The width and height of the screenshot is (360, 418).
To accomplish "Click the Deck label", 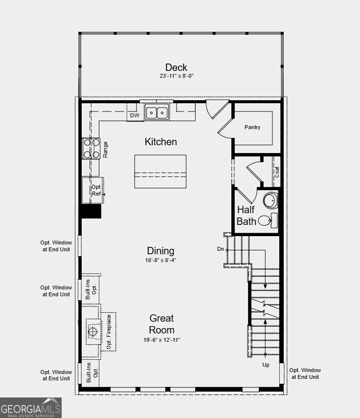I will pyautogui.click(x=176, y=67).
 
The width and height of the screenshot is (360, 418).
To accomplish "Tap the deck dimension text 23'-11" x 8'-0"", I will pyautogui.click(x=176, y=76).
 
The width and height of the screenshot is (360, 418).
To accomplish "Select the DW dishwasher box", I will pyautogui.click(x=135, y=116).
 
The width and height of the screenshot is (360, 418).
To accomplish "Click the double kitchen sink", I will pyautogui.click(x=157, y=113).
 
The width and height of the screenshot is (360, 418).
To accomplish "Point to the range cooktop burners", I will pyautogui.click(x=91, y=149).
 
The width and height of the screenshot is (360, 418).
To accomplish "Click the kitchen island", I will pyautogui.click(x=160, y=171).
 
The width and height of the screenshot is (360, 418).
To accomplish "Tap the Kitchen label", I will pyautogui.click(x=160, y=142).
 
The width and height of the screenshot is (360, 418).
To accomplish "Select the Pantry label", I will pyautogui.click(x=252, y=127).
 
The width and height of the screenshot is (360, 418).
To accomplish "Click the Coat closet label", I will pyautogui.click(x=277, y=172).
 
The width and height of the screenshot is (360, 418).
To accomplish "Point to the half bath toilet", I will pyautogui.click(x=267, y=220).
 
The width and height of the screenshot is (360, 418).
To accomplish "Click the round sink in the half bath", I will pyautogui.click(x=270, y=200).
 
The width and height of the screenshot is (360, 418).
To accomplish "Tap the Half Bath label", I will pyautogui.click(x=247, y=216).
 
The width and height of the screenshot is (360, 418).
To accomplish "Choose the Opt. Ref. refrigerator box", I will pyautogui.click(x=96, y=190).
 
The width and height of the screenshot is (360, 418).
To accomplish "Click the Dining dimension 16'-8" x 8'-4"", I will pyautogui.click(x=160, y=260).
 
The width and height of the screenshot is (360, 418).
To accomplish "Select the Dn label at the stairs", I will pyautogui.click(x=220, y=249).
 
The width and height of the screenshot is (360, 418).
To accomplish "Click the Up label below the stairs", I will pyautogui.click(x=266, y=365).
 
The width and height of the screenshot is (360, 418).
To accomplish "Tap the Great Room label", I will pyautogui.click(x=162, y=324).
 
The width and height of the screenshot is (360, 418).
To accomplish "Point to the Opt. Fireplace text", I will pyautogui.click(x=109, y=332).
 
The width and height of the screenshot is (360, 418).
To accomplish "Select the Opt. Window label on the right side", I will pyautogui.click(x=305, y=374).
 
